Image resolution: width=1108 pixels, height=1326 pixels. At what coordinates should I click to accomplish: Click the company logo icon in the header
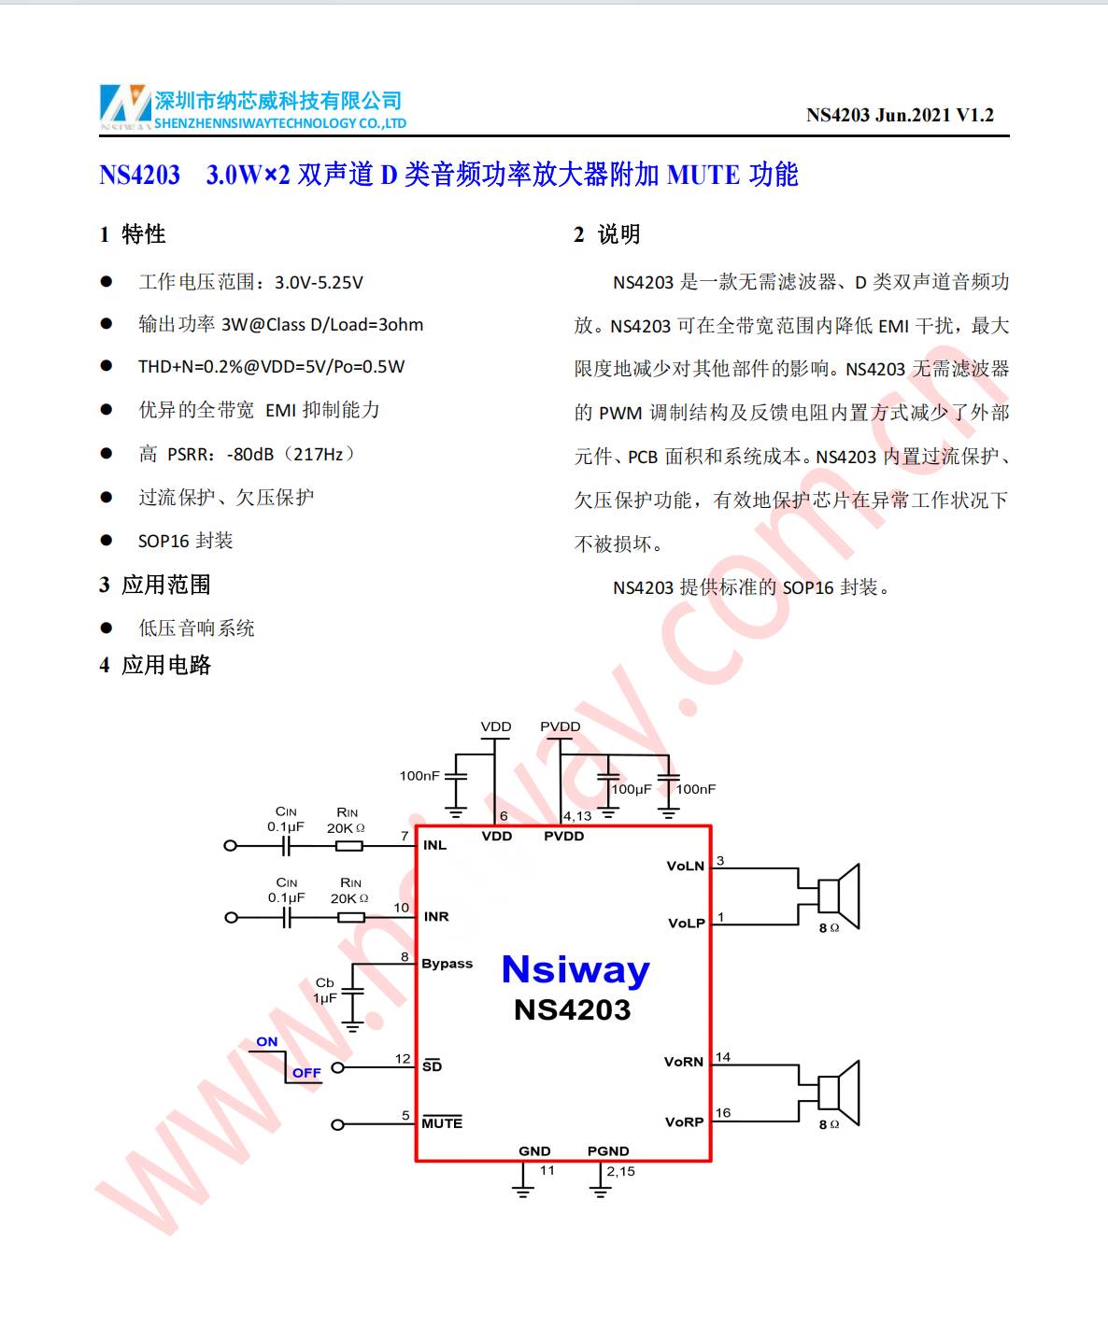click(x=125, y=105)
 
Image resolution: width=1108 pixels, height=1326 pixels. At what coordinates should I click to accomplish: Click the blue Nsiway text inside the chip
click(x=575, y=971)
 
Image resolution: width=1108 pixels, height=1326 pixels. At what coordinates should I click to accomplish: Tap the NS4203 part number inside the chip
click(x=573, y=1010)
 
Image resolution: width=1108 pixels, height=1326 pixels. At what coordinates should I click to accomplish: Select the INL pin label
click(x=434, y=845)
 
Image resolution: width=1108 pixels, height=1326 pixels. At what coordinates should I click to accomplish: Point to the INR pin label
click(x=436, y=917)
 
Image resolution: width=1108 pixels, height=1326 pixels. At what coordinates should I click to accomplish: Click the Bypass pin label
click(x=447, y=964)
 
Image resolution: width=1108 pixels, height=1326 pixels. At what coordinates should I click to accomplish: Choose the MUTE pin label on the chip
click(x=442, y=1123)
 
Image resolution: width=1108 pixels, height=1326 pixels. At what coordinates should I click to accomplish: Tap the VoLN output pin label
click(x=686, y=867)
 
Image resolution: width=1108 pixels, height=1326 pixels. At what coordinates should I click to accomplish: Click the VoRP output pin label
click(x=684, y=1122)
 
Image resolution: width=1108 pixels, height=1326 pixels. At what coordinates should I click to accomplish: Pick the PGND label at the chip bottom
click(x=608, y=1151)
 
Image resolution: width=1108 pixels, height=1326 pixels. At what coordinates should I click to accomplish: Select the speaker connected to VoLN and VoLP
click(x=837, y=896)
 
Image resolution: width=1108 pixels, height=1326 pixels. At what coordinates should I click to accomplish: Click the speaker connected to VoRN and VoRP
click(x=837, y=1093)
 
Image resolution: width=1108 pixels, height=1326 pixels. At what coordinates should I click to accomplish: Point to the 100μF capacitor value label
click(x=632, y=790)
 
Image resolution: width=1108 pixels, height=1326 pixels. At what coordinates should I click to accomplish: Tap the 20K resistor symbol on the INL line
click(x=349, y=846)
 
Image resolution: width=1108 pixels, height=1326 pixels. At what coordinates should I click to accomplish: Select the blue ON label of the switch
click(x=267, y=1042)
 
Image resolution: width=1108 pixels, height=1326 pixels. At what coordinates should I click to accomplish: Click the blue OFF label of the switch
click(x=306, y=1073)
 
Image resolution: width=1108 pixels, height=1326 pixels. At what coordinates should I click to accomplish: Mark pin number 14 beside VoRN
click(x=723, y=1058)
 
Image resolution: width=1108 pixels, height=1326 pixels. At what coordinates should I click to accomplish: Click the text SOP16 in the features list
click(x=164, y=541)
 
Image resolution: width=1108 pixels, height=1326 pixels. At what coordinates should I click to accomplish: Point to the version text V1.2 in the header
click(x=974, y=116)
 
